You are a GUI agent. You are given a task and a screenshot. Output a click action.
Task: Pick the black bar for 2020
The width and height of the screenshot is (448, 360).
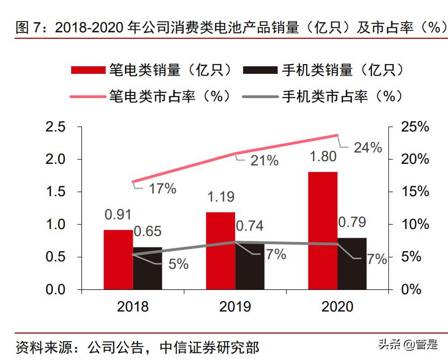point(351,264)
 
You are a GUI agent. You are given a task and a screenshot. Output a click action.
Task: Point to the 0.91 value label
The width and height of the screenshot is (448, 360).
point(119,214)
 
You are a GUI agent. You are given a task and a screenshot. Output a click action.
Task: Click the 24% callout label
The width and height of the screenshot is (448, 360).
point(368,147)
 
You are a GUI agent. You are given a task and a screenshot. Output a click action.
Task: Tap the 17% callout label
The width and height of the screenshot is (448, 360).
point(163,189)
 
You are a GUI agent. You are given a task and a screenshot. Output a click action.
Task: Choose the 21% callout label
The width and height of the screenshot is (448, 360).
point(264,160)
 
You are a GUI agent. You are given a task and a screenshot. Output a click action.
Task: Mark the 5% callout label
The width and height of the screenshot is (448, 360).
point(178,264)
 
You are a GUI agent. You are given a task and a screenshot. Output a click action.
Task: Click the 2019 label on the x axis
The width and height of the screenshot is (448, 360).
point(235,307)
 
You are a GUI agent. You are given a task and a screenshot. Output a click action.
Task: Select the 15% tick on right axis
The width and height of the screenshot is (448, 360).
point(415,192)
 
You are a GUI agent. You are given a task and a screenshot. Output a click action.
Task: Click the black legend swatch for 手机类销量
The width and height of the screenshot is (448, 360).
point(260,70)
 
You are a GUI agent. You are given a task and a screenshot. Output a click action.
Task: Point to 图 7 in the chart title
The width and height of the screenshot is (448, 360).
point(32,28)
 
